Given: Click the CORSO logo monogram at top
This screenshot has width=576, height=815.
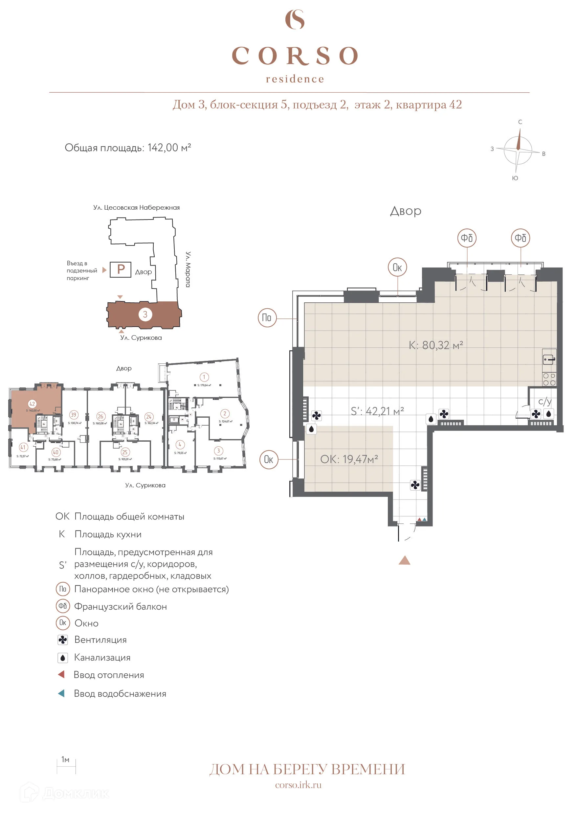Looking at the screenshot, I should [x=295, y=19].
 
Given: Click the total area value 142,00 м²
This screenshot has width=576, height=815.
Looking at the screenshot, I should [x=169, y=148].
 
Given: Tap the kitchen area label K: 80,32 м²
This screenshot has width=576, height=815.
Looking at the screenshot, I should [x=435, y=345].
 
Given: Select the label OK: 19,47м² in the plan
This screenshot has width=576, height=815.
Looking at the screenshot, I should [x=349, y=459].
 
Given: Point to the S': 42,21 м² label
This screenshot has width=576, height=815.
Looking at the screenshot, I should [x=377, y=411].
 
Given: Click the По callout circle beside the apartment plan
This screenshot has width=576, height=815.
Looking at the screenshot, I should [x=267, y=318].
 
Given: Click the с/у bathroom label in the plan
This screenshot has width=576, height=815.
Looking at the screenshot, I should [x=544, y=402].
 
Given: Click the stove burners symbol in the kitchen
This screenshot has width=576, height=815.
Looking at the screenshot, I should [x=549, y=379].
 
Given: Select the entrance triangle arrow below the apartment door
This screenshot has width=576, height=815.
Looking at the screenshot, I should [x=404, y=561].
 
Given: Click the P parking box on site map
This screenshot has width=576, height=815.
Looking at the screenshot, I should [x=121, y=269].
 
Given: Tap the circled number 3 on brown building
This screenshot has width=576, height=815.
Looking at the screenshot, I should [x=145, y=314].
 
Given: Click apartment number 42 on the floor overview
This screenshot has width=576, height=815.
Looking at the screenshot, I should [x=32, y=404].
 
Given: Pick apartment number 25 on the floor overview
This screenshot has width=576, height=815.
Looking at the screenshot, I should [x=124, y=452].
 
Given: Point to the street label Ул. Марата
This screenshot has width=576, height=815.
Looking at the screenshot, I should [x=188, y=269].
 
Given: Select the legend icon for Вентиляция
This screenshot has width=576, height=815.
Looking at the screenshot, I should [x=63, y=640].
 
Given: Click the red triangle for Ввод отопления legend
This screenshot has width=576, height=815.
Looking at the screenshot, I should [x=61, y=674].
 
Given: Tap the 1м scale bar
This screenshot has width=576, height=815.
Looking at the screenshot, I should [x=66, y=766].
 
